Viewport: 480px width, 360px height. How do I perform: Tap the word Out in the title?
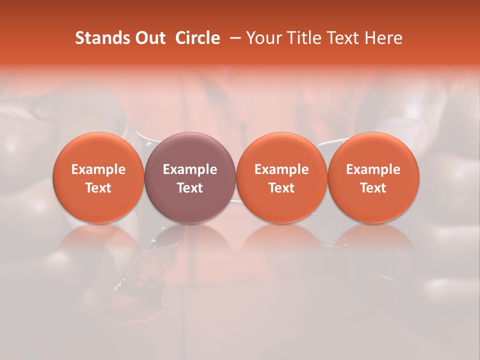[x=149, y=38]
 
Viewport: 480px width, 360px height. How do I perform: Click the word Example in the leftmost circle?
[x=98, y=169]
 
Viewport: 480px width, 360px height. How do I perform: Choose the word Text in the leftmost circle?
[x=98, y=188]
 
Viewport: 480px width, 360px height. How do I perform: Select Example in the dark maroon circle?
[x=190, y=169]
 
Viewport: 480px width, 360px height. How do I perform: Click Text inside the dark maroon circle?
[x=190, y=188]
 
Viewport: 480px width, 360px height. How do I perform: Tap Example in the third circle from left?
[x=281, y=169]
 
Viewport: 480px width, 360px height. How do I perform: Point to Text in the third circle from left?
[x=281, y=188]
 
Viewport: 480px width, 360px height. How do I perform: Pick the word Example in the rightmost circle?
[x=373, y=169]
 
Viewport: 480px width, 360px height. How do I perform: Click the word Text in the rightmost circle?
[x=373, y=188]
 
